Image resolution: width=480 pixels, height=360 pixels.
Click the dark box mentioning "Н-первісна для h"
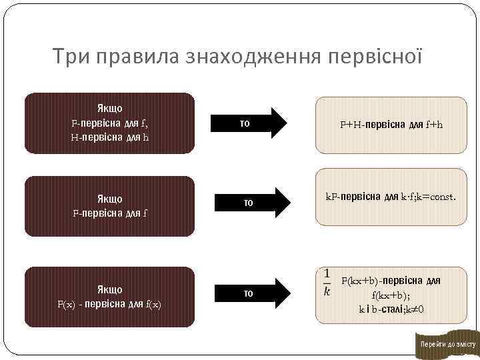point(109,123)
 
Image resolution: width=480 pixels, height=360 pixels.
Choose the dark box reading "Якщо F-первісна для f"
point(109,206)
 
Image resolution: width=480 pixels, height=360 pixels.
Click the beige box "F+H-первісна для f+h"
point(391,125)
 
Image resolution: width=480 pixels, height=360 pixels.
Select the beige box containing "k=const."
point(391,197)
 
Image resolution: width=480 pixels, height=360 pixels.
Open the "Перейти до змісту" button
point(447,344)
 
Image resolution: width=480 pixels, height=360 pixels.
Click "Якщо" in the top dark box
point(109,108)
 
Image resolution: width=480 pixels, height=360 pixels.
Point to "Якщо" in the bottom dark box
point(109,289)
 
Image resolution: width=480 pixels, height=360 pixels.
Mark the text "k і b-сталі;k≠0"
point(391,309)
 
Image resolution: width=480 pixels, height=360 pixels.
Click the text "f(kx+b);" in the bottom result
point(391,295)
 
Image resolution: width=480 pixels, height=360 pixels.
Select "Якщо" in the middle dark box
point(109,199)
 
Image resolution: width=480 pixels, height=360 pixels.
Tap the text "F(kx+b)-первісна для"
point(391,281)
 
